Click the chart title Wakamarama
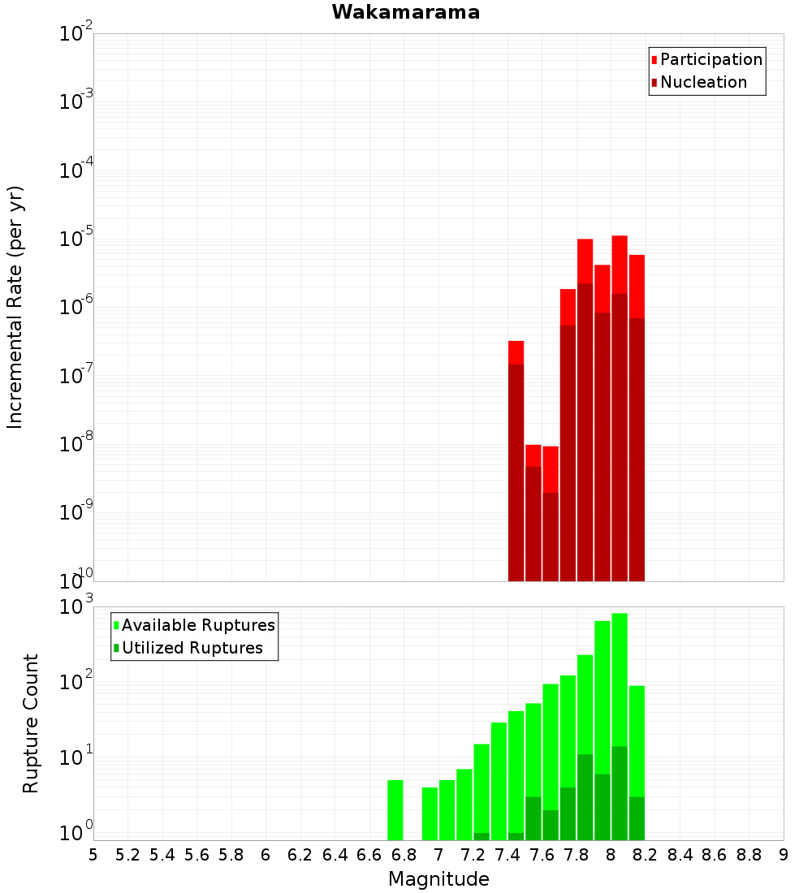406,12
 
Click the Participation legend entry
706,59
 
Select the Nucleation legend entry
698,82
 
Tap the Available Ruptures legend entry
194,625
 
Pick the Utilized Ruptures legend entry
188,648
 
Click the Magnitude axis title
438,878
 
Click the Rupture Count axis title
30,723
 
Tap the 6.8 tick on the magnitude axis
404,856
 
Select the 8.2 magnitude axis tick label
645,856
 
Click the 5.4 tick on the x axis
162,856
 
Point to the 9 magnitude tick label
784,856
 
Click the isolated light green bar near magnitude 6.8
395,810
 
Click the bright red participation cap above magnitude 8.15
637,287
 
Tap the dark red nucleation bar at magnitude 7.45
516,472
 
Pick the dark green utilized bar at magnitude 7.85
585,797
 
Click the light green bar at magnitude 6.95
430,813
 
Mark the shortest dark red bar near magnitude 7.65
551,537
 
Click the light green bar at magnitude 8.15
637,741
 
